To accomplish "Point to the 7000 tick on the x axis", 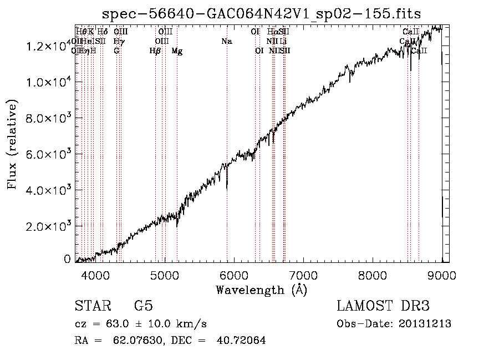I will pyautogui.click(x=303, y=275).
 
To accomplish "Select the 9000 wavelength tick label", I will pyautogui.click(x=442, y=275).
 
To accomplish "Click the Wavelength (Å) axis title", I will pyautogui.click(x=261, y=290).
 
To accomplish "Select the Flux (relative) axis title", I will pyautogui.click(x=12, y=144).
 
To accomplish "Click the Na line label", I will pyautogui.click(x=226, y=41).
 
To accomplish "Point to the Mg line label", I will pyautogui.click(x=177, y=51).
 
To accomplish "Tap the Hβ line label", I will pyautogui.click(x=155, y=51).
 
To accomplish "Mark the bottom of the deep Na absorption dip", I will pyautogui.click(x=227, y=189).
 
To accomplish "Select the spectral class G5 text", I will pyautogui.click(x=143, y=306).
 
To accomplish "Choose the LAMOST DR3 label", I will pyautogui.click(x=383, y=306).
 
